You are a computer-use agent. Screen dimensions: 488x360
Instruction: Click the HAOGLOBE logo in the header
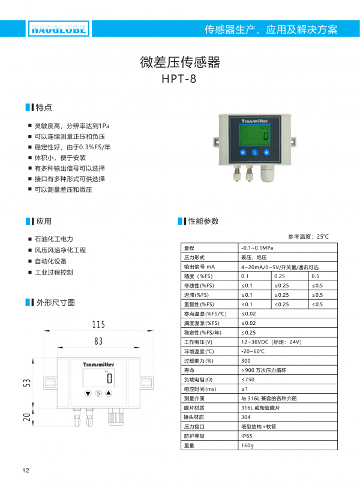click(58, 28)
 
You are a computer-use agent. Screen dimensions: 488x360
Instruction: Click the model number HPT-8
click(179, 78)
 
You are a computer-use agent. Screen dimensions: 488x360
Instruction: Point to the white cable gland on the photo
click(266, 174)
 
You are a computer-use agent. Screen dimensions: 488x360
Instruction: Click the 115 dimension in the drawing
click(99, 324)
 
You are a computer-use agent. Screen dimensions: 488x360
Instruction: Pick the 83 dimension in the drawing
click(98, 341)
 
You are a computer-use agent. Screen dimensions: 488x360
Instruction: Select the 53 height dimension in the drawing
click(26, 383)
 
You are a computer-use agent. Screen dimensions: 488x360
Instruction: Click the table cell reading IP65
click(247, 453)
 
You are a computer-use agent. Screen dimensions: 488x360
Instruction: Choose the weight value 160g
click(247, 462)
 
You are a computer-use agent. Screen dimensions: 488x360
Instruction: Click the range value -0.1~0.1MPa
click(257, 248)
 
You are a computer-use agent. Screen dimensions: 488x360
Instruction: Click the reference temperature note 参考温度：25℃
click(308, 236)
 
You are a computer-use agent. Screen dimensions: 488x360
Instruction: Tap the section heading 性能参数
click(203, 221)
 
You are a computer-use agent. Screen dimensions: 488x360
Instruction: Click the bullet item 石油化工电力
click(53, 239)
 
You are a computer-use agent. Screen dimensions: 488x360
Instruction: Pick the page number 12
click(25, 470)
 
